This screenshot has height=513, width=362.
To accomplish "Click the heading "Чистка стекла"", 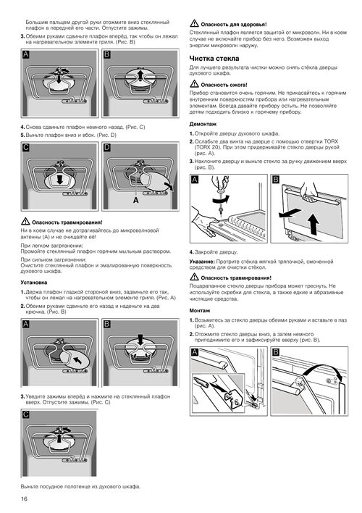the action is [x=214, y=59].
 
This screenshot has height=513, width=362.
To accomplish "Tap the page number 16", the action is [x=24, y=499].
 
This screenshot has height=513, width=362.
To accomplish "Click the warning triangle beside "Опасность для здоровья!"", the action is [x=194, y=23].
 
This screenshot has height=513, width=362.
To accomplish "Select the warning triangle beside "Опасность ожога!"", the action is [x=194, y=84].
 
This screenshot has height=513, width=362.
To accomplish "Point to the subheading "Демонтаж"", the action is [x=203, y=125].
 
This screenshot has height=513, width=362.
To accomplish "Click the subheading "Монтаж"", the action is [x=200, y=311].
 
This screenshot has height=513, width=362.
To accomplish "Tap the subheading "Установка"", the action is [x=34, y=283].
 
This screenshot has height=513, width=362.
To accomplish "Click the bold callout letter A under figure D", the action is [x=135, y=200].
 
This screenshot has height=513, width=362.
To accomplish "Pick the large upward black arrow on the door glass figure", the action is [x=314, y=224].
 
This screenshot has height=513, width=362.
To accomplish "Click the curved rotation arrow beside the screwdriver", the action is [x=221, y=199].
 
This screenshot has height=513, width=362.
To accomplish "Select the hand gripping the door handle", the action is [x=309, y=193].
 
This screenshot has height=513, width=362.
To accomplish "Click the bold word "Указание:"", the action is [x=202, y=262].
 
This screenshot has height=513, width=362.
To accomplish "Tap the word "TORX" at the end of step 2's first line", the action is [x=331, y=142].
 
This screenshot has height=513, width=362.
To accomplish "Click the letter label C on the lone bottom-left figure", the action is [x=26, y=414].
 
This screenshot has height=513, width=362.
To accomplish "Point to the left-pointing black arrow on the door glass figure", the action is [x=290, y=213].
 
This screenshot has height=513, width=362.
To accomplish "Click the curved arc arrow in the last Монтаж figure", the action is [x=322, y=369].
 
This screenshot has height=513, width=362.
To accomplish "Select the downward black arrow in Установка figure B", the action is [x=140, y=340].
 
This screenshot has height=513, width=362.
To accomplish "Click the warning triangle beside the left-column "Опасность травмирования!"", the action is [x=25, y=222].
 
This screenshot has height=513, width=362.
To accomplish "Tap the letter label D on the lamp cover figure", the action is [x=106, y=148].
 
